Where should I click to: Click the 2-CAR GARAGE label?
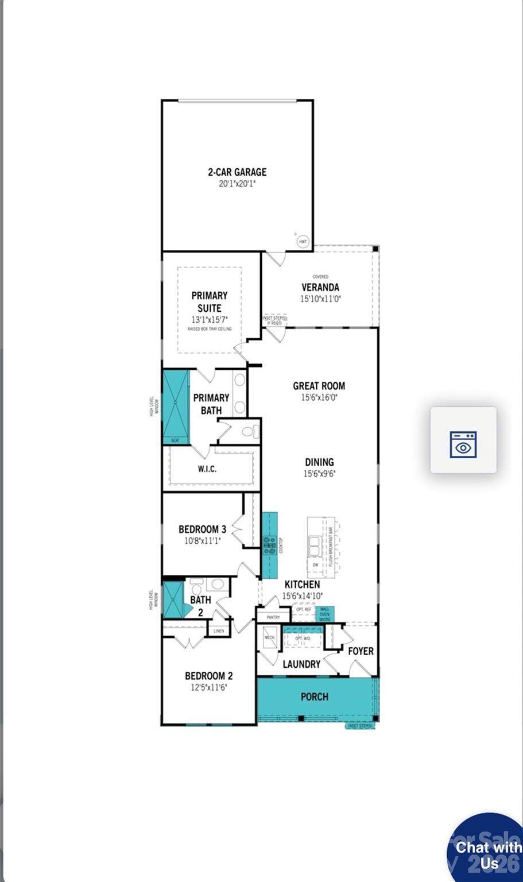point(237,172)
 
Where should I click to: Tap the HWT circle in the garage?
point(303,242)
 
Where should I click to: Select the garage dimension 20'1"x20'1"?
point(237,184)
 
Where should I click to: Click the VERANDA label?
point(320,287)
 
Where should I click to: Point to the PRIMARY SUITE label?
point(209,301)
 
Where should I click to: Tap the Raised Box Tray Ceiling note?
point(209,329)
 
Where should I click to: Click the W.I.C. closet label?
point(207,469)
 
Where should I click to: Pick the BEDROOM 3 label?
point(202,529)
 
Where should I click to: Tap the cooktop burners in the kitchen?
point(269,546)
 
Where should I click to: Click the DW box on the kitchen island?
point(315,565)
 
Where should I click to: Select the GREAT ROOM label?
point(319,386)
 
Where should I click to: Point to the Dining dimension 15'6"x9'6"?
point(319,474)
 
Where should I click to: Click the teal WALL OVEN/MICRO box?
point(325,614)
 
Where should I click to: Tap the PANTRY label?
point(273,617)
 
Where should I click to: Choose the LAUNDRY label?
point(301,664)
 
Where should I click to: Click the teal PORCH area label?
point(315,697)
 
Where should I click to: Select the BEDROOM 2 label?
point(208,676)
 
